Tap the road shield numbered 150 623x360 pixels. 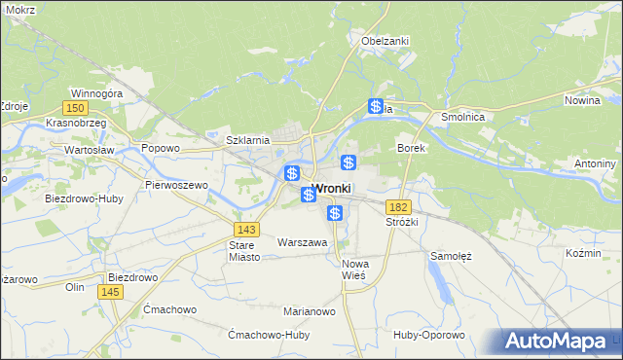75,108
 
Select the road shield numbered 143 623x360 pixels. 246,228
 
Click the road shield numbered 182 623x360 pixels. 397,207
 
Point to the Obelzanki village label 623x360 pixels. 385,41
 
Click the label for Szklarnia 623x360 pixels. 247,140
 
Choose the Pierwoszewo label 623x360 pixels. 176,184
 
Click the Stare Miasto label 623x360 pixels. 240,251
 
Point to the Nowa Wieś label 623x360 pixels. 353,270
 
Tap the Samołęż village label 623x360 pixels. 451,256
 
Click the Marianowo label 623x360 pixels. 310,311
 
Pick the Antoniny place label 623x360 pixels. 597,162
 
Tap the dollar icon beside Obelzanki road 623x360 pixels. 376,107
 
